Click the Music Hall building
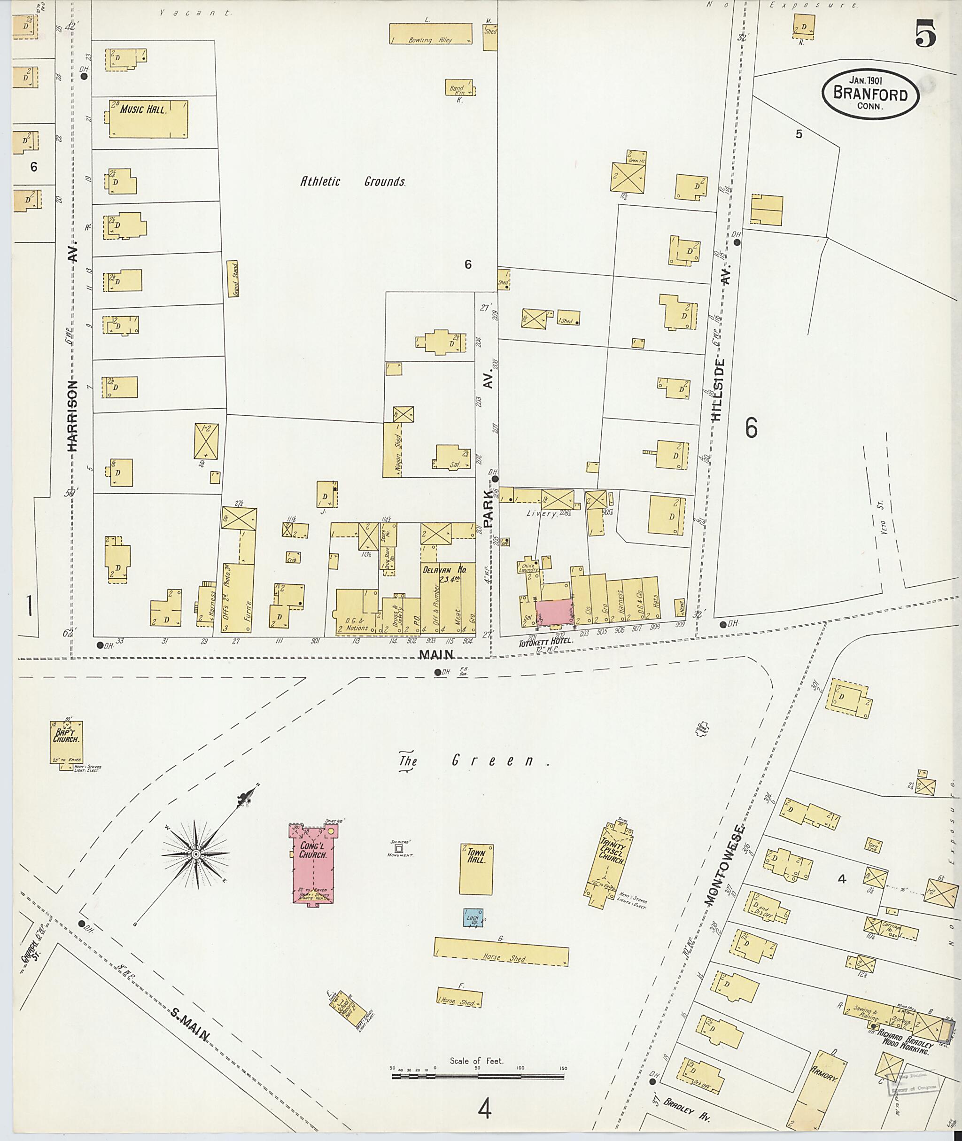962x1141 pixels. [x=148, y=119]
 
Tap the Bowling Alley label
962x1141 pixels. [x=430, y=40]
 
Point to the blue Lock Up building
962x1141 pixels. [x=473, y=917]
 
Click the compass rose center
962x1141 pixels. [x=196, y=854]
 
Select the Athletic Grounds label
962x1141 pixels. [x=353, y=182]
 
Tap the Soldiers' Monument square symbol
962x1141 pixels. [x=399, y=848]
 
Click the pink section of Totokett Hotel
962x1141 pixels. [x=554, y=613]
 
